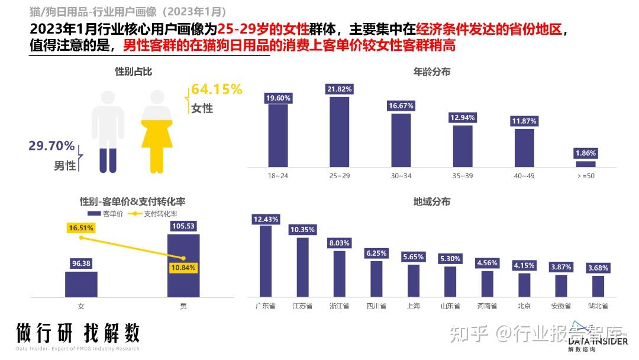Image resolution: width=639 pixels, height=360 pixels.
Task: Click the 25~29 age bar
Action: click(339, 132)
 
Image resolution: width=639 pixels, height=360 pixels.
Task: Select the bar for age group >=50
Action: click(586, 164)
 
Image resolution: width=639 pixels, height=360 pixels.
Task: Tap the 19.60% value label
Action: click(278, 98)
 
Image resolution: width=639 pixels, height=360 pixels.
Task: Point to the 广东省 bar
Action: click(266, 261)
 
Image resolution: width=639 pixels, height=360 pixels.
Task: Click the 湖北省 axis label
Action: click(598, 306)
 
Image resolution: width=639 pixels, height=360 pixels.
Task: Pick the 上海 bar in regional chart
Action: click(414, 280)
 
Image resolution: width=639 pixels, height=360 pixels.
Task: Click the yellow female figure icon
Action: click(156, 131)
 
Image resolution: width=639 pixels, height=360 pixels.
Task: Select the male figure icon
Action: click(108, 131)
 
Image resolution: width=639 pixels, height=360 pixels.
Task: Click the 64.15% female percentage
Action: click(217, 90)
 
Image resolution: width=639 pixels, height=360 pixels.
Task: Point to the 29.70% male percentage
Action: click(52, 146)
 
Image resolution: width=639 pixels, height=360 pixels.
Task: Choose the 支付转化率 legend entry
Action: click(155, 214)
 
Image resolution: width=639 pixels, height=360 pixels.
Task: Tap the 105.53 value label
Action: click(183, 226)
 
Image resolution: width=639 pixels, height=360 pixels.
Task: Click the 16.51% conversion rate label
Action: click(81, 227)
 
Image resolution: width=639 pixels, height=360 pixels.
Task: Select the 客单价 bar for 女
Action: click(81, 284)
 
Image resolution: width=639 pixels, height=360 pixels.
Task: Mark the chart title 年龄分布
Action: click(431, 72)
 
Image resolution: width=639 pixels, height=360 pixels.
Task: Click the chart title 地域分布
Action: click(431, 202)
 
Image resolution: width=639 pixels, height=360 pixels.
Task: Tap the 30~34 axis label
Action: click(401, 176)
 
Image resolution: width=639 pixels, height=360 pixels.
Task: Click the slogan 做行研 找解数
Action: click(78, 333)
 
